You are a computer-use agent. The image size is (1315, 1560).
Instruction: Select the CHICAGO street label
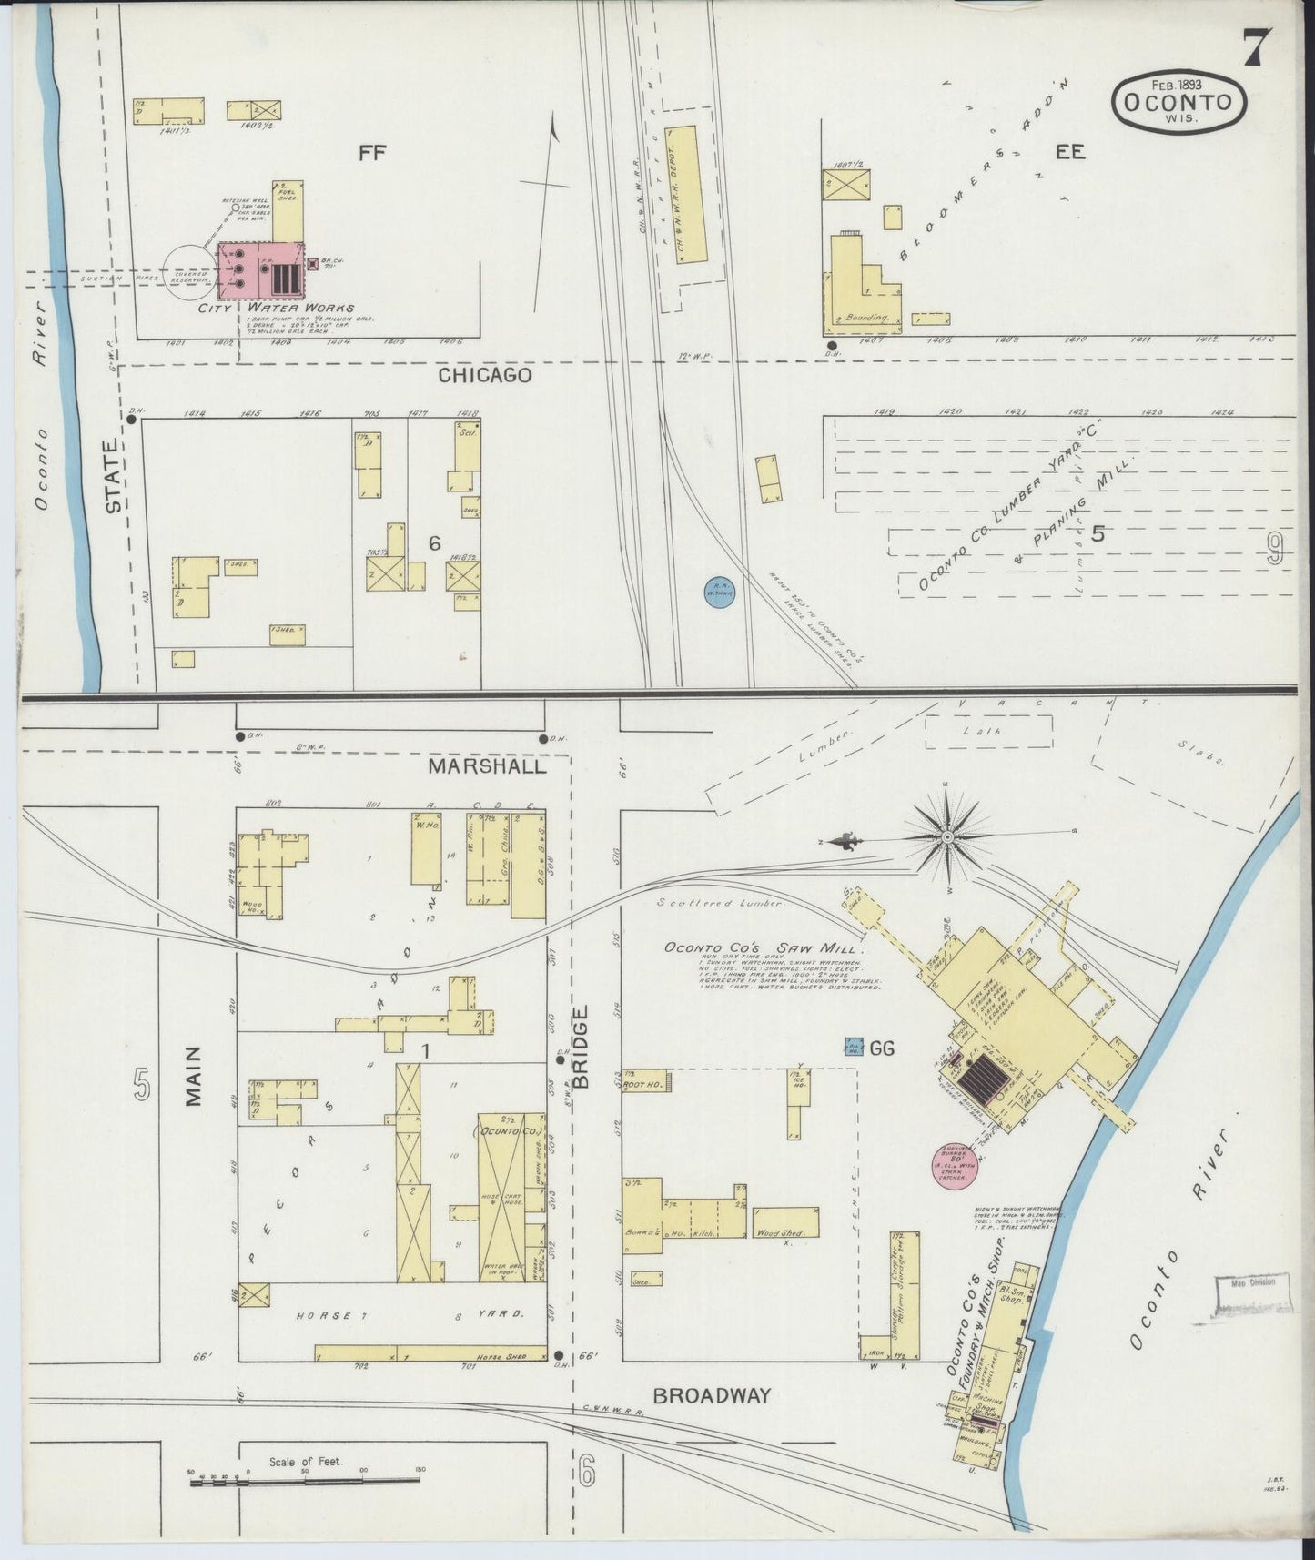tap(484, 375)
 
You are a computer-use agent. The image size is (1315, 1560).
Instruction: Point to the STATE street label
tap(113, 477)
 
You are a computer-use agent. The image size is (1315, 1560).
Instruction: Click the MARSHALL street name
tap(488, 766)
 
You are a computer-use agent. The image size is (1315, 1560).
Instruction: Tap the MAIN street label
tap(193, 1076)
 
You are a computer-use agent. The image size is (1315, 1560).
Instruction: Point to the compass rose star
tap(947, 836)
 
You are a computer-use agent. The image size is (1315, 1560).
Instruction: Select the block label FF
tap(372, 153)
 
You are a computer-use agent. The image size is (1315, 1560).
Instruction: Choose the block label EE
tap(1069, 152)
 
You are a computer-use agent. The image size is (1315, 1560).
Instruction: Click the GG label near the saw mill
tap(882, 1048)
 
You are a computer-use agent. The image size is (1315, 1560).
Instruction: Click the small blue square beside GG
tap(854, 1047)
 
